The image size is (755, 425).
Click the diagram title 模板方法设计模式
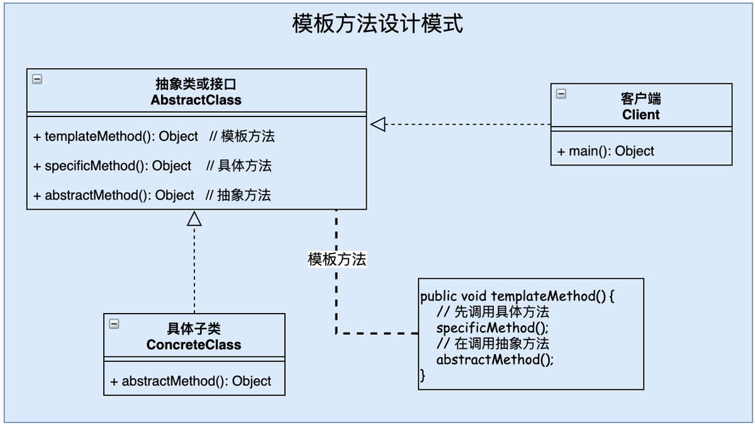click(x=377, y=24)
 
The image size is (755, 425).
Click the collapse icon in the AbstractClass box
click(x=37, y=79)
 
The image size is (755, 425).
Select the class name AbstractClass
click(x=196, y=99)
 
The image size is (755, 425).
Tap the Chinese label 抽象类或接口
click(x=196, y=84)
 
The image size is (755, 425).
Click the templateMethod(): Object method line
click(x=116, y=136)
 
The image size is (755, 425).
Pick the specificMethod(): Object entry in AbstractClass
click(x=113, y=166)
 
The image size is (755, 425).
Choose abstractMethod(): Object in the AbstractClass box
click(x=114, y=195)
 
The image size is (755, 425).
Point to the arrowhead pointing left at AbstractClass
click(x=377, y=125)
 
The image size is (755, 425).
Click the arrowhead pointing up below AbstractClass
click(x=194, y=218)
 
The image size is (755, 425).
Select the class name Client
click(x=641, y=115)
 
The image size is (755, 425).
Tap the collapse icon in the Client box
click(x=561, y=94)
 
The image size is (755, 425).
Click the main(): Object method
click(x=605, y=151)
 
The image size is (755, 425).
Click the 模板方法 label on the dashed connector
click(x=337, y=259)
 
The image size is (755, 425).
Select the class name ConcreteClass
click(x=194, y=344)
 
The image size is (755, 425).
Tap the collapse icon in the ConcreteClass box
click(x=114, y=324)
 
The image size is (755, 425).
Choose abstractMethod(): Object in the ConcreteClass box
click(x=191, y=381)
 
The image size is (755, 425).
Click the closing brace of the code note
click(x=423, y=376)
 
